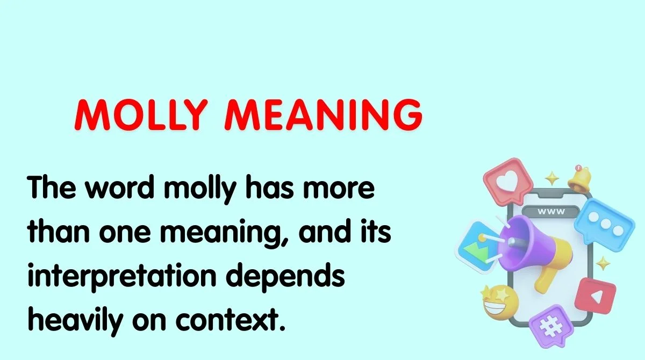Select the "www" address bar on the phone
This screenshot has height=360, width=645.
click(x=550, y=212)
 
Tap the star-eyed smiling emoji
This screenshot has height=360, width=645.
click(x=498, y=304)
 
